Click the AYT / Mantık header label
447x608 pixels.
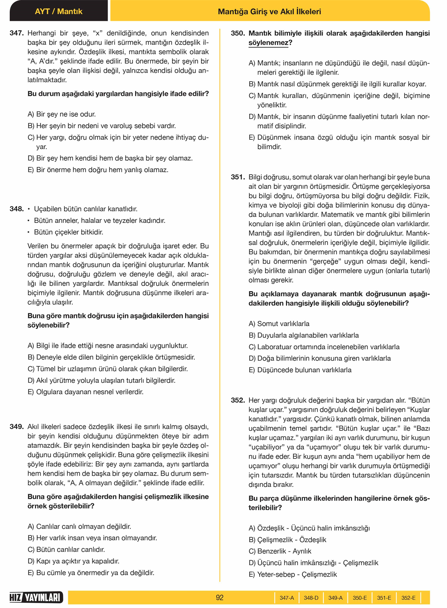coord(58,12)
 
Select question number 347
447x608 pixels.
coord(17,33)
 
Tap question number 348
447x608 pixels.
coord(17,209)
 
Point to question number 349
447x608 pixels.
coord(17,427)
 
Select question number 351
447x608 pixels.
coord(238,177)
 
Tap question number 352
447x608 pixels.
coord(238,400)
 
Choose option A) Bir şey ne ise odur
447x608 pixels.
coord(62,114)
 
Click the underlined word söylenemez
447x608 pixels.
coord(268,43)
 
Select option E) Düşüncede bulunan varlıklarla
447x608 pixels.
coord(300,370)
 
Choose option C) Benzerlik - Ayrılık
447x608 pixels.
coord(280,551)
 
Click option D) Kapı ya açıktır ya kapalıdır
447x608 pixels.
coord(73,561)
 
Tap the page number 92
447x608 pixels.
coord(220,598)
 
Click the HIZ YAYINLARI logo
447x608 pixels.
coord(36,598)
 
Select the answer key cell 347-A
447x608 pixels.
coord(287,598)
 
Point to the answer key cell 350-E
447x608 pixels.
coord(359,598)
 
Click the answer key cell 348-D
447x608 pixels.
coord(311,598)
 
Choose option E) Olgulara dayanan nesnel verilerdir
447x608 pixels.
coord(86,392)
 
